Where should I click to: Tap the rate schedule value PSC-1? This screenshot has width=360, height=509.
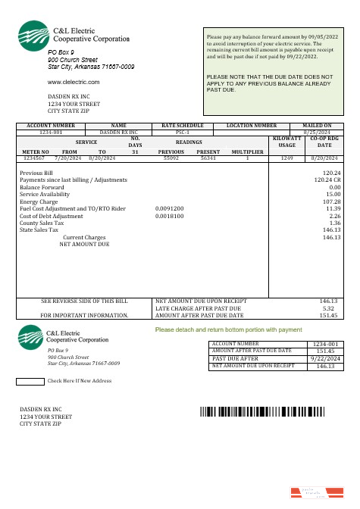(x=177, y=131)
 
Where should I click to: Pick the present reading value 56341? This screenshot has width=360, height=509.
(x=208, y=158)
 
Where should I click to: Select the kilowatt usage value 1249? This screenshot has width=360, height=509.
(x=286, y=158)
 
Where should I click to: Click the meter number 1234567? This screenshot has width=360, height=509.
(x=33, y=158)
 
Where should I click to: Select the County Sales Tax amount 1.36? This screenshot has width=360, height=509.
(x=331, y=223)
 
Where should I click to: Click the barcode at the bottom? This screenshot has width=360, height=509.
(x=261, y=412)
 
